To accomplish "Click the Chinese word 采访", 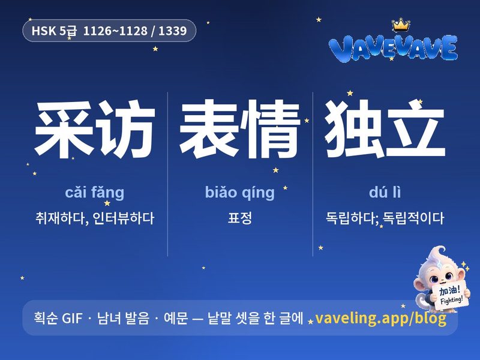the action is [x=95, y=130].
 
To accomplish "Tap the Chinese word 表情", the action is [x=239, y=130].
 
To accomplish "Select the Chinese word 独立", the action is [x=385, y=129].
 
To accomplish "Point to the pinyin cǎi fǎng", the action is [x=95, y=193].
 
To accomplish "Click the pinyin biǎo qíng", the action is [x=239, y=193].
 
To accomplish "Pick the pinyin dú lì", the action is [x=385, y=192].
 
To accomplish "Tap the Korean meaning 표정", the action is [x=239, y=218].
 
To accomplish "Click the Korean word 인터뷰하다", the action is [x=124, y=218].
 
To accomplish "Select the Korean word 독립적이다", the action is [x=413, y=218].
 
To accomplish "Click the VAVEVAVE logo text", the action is [x=393, y=49].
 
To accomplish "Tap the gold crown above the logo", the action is [x=401, y=25].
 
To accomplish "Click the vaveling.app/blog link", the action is [x=380, y=319].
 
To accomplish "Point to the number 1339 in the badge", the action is [x=172, y=31].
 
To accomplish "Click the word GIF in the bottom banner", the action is [x=72, y=319].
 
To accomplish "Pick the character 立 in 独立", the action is [x=415, y=129].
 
